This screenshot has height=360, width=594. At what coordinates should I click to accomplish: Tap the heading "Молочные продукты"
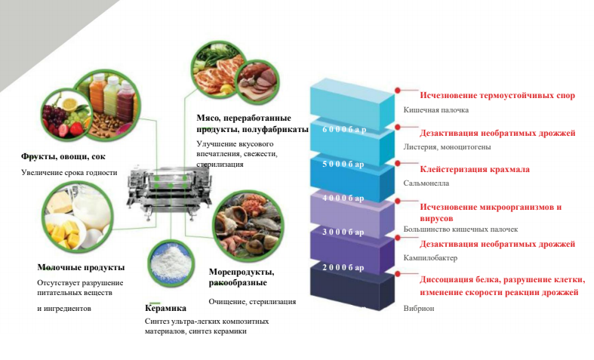click(x=82, y=267)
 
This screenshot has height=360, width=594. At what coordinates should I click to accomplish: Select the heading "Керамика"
click(x=165, y=308)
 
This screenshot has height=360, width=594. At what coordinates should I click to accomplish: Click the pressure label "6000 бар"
click(x=344, y=129)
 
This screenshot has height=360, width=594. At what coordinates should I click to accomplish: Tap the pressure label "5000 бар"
click(x=343, y=164)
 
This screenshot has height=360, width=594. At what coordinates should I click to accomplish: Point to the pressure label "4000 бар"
click(x=343, y=198)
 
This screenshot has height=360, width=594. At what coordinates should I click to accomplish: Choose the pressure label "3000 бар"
click(x=343, y=232)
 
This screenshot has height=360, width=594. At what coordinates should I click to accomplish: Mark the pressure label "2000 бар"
click(x=343, y=267)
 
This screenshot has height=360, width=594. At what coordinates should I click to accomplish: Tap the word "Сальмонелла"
click(x=426, y=183)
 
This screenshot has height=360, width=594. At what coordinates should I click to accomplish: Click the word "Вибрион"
click(x=420, y=308)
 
